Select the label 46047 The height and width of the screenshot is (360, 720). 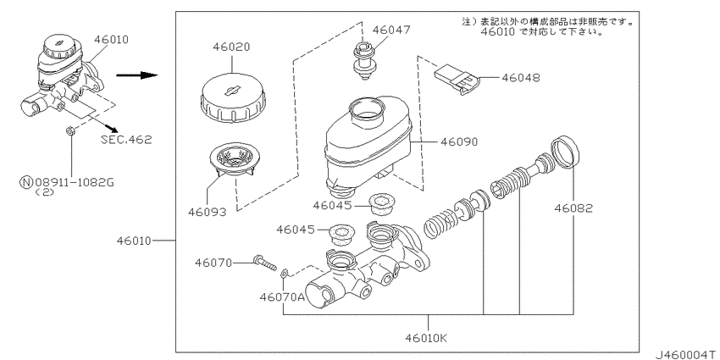[391, 29]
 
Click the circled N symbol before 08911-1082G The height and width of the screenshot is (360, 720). [28, 180]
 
